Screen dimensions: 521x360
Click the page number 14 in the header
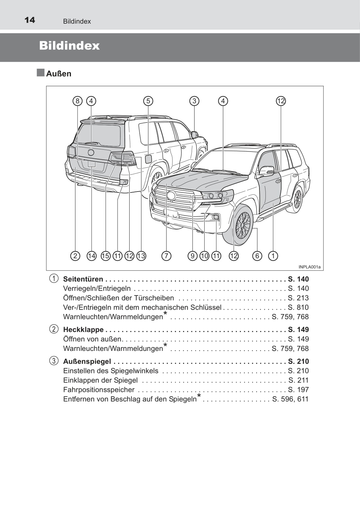30,20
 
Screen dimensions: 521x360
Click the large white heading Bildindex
69,46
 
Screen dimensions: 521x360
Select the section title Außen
59,74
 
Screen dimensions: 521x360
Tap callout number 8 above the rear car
77,101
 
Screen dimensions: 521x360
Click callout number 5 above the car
148,101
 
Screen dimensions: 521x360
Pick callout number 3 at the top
194,101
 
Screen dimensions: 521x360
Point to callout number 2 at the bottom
75,256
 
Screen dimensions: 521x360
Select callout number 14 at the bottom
91,256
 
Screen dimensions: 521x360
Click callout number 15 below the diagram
106,256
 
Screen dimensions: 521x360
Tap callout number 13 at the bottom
141,256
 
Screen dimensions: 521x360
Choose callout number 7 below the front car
166,256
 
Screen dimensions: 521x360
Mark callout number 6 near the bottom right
257,256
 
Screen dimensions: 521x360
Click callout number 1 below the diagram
273,256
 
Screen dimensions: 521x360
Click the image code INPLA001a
309,267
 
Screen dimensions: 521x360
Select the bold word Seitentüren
83,279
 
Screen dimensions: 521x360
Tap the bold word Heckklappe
83,330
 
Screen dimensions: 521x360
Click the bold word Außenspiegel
87,362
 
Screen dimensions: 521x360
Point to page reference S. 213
298,298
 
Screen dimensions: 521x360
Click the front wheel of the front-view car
242,225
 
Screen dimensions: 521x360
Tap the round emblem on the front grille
171,196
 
